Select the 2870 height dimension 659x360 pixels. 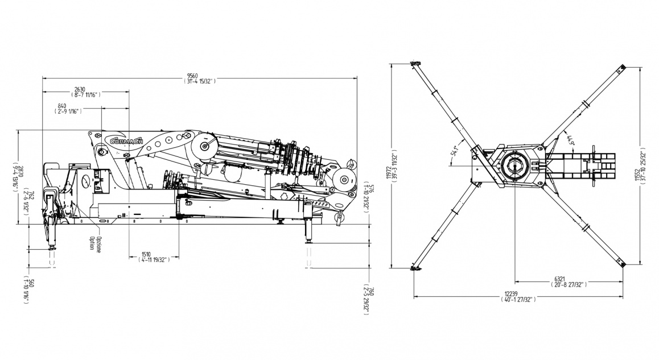tap(20, 169)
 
